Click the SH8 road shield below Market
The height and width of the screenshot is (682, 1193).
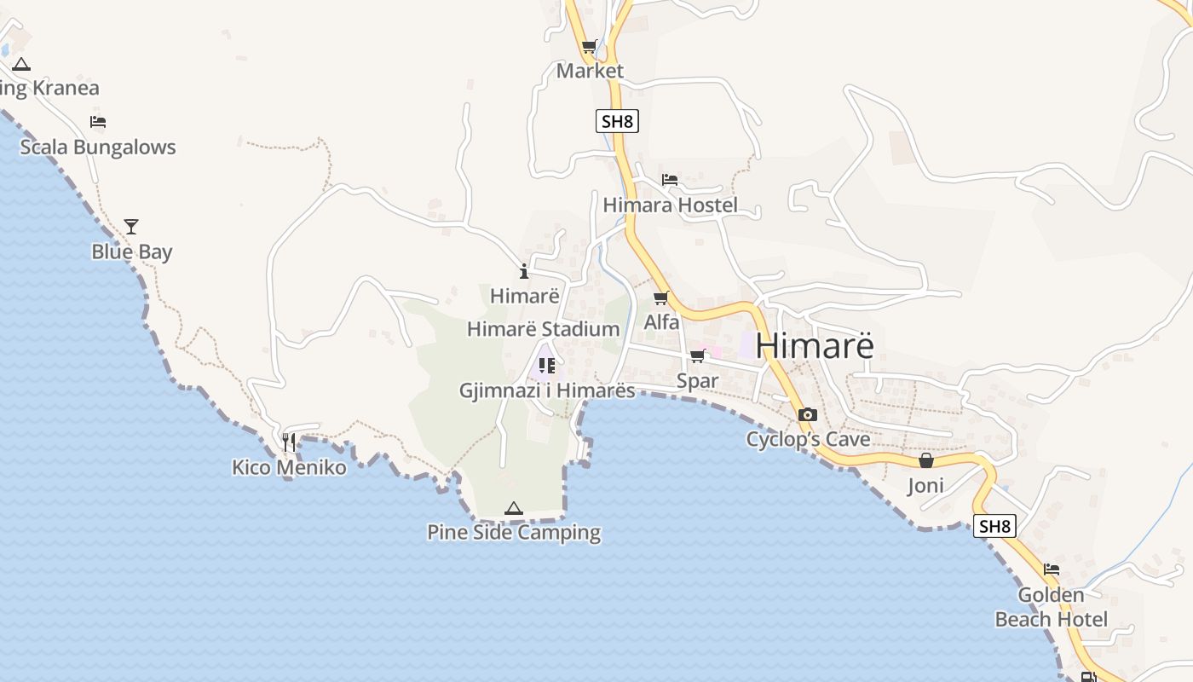click(617, 121)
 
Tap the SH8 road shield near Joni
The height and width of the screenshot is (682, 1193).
click(994, 526)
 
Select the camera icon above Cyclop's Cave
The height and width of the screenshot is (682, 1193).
click(808, 415)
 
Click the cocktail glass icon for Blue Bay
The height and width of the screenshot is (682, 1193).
click(131, 227)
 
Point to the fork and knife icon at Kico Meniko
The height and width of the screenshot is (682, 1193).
click(289, 442)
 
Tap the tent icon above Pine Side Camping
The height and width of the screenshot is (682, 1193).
click(513, 508)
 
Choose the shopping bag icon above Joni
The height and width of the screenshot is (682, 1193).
click(926, 460)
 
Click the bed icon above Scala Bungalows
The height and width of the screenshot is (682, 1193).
click(98, 122)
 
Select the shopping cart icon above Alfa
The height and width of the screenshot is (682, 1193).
click(660, 298)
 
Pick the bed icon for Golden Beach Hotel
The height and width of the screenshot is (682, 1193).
click(1052, 569)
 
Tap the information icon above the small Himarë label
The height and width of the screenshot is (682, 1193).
click(524, 272)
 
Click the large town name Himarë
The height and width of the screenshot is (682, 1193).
click(814, 346)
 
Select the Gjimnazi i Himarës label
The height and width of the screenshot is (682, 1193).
click(547, 390)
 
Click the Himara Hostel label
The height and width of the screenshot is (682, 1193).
click(670, 205)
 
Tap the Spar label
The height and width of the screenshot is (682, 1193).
click(697, 381)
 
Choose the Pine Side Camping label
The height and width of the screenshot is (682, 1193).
click(514, 533)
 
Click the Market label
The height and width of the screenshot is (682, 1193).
click(590, 71)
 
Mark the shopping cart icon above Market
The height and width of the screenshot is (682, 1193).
click(589, 46)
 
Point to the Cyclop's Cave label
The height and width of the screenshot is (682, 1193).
click(808, 440)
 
